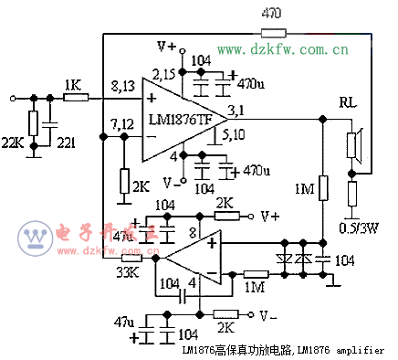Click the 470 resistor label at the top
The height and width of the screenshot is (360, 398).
tap(270, 13)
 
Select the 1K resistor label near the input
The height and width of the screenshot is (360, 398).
tap(74, 84)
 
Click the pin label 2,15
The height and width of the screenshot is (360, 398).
tap(165, 72)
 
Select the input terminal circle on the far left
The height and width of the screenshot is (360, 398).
tap(13, 96)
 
